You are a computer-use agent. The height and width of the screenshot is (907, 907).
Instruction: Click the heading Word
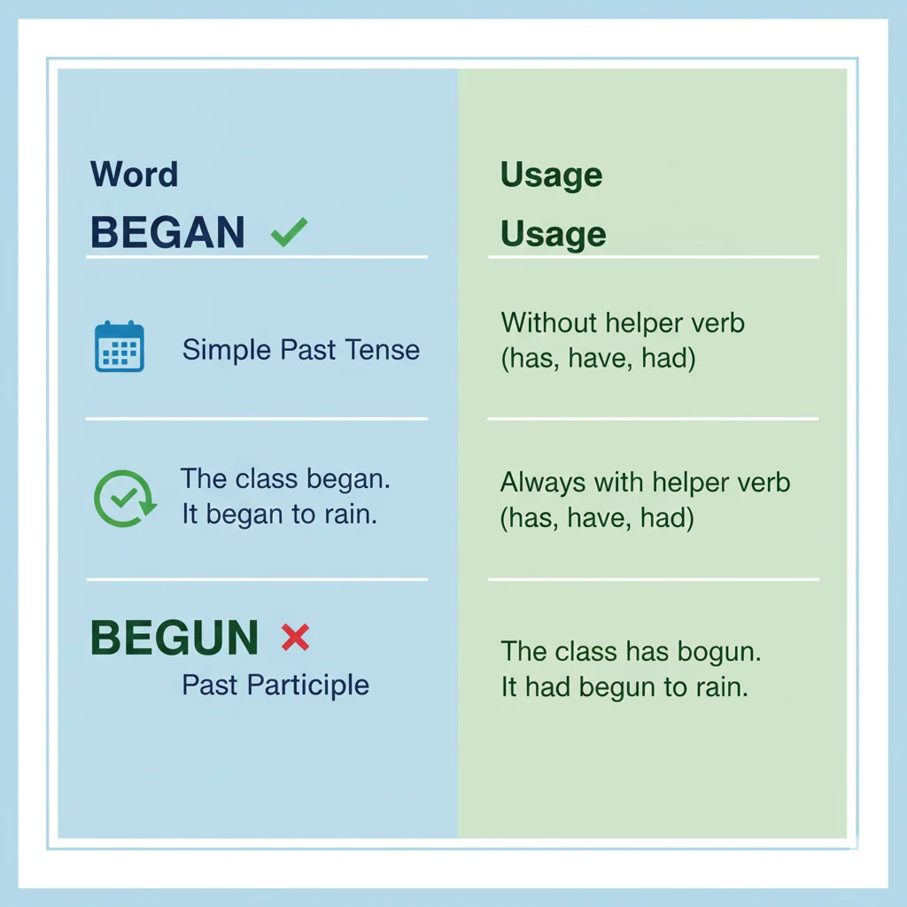pos(134,174)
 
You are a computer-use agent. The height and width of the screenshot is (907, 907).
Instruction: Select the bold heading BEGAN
pos(167,232)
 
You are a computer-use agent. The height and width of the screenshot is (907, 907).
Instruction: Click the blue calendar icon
pos(119,346)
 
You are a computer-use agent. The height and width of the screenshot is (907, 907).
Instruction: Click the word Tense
pos(383,350)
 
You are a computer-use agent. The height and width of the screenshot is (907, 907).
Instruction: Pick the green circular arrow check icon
pos(124,499)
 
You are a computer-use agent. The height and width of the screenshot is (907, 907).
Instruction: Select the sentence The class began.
pos(285,479)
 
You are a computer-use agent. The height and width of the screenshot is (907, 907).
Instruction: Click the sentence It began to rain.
pos(279,514)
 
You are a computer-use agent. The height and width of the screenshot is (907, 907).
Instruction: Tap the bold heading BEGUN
pos(174,638)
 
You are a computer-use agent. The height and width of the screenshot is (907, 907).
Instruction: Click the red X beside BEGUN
pos(294,637)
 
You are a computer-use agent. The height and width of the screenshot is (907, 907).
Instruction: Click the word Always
pos(542,483)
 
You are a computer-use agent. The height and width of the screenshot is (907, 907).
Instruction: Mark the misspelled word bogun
pos(718,652)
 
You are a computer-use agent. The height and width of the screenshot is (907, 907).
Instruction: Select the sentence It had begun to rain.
pos(624,687)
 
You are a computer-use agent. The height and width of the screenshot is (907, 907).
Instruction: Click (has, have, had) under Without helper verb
pos(597,359)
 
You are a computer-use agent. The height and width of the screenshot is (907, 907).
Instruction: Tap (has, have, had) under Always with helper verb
pos(597,518)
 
